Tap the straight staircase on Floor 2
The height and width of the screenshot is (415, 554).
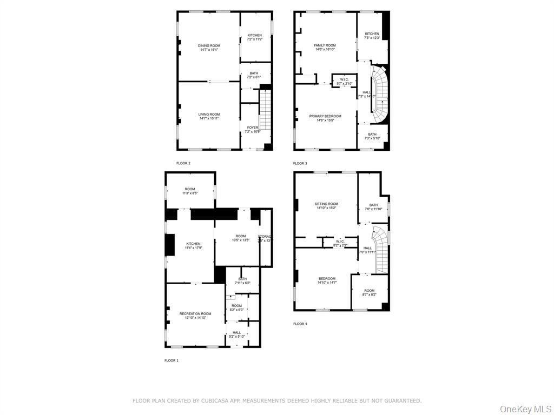tap(265, 111)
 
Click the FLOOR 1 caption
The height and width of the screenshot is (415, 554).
tap(171, 360)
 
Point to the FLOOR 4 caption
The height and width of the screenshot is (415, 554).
tap(300, 324)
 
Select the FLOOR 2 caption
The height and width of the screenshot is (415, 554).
tap(183, 163)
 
